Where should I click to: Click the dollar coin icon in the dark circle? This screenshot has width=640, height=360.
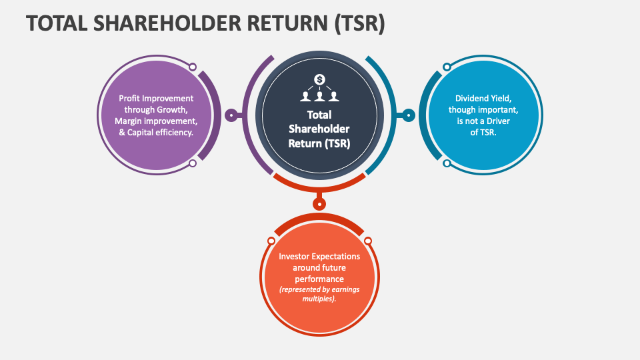320,79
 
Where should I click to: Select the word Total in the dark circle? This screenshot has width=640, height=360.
319,114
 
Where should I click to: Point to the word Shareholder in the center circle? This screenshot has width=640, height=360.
319,128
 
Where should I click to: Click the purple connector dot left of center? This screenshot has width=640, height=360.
231,115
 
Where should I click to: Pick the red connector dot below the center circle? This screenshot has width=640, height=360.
320,204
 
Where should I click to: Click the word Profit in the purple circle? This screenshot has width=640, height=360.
131,98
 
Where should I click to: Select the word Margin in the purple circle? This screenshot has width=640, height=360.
130,121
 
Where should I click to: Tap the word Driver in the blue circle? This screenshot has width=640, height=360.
503,121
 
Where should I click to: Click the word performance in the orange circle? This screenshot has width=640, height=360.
319,279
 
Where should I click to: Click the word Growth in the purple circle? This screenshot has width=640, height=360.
172,109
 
